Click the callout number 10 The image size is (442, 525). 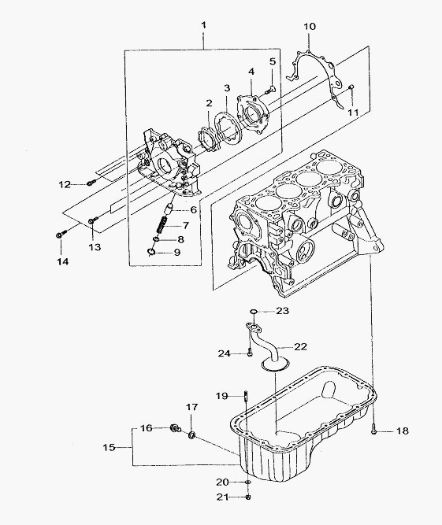pyautogui.click(x=310, y=27)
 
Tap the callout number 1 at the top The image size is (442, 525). pyautogui.click(x=203, y=24)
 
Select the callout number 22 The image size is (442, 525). pyautogui.click(x=300, y=346)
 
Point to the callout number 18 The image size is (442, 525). pyautogui.click(x=402, y=431)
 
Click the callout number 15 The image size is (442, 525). pyautogui.click(x=109, y=447)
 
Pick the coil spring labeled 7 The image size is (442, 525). pyautogui.click(x=163, y=224)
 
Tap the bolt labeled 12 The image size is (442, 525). pyautogui.click(x=91, y=183)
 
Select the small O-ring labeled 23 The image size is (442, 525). pyautogui.click(x=254, y=312)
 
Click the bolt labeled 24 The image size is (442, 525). pyautogui.click(x=250, y=353)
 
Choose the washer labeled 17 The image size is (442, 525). pyautogui.click(x=192, y=435)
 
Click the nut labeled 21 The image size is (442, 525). pyautogui.click(x=248, y=497)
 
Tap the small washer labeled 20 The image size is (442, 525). pyautogui.click(x=247, y=482)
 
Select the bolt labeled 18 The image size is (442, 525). pyautogui.click(x=374, y=430)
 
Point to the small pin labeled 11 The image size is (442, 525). pyautogui.click(x=351, y=87)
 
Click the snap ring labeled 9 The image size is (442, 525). pyautogui.click(x=150, y=251)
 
